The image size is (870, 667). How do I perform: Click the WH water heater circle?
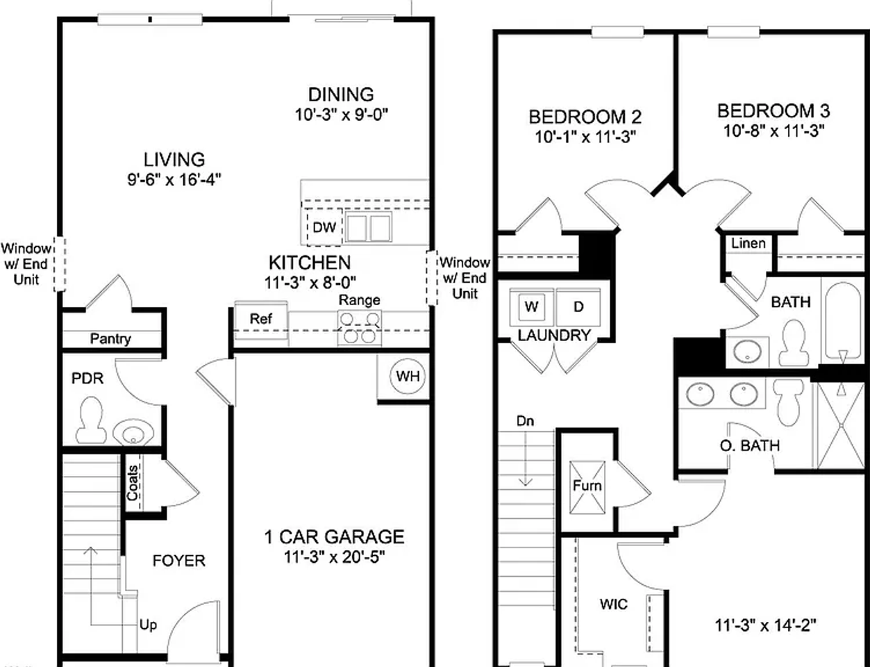(408, 376)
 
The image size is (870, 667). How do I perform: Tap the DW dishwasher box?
(324, 227)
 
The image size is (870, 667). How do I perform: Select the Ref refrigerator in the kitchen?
(260, 320)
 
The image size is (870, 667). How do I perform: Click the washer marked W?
(532, 307)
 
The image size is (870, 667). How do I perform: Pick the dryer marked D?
(578, 307)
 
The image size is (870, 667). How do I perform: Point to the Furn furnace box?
(587, 486)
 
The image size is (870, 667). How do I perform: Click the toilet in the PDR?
(90, 421)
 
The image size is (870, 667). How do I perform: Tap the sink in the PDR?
(132, 433)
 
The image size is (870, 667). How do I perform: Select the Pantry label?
(110, 339)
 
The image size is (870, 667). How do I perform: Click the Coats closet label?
(133, 482)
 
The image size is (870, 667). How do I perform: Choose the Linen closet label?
(748, 243)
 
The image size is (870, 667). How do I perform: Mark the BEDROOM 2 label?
(585, 117)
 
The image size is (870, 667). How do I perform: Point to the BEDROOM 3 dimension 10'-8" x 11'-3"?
(773, 130)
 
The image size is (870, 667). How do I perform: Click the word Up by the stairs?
(148, 625)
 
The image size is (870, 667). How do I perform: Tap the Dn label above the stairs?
(525, 421)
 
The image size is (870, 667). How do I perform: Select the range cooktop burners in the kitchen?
(360, 327)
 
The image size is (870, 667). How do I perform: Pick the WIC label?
(613, 604)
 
